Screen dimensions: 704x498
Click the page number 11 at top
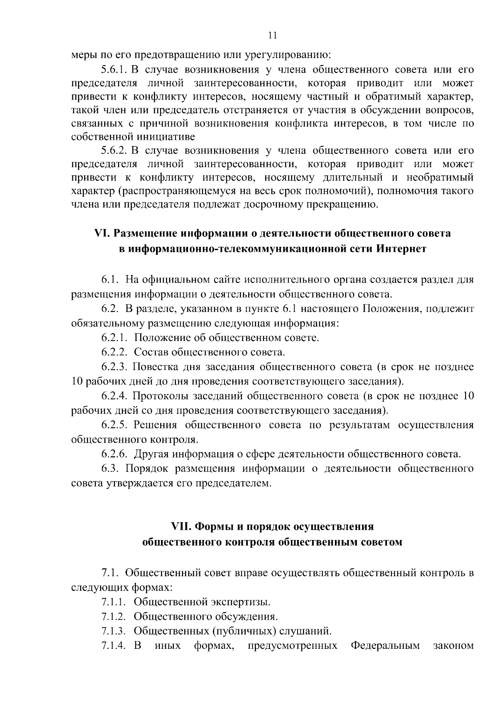pos(273,36)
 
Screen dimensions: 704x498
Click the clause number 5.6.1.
pos(114,69)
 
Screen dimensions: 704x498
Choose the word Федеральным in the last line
pos(385,646)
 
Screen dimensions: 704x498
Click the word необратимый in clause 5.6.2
pos(440,177)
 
